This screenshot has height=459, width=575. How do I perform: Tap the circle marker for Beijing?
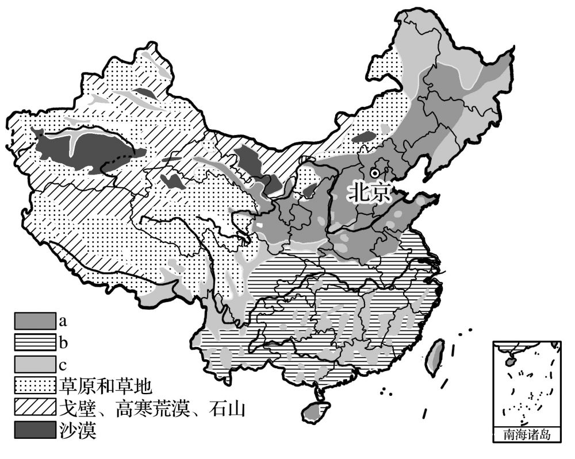point(375,172)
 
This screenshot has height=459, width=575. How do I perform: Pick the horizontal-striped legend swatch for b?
point(35,343)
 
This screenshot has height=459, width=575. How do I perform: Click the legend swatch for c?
point(35,364)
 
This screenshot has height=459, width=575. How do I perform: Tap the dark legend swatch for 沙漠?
point(35,430)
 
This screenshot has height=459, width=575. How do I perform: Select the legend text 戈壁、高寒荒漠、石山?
point(152,408)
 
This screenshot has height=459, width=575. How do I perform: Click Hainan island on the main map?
point(313,411)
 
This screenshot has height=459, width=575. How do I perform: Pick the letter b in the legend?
point(62,343)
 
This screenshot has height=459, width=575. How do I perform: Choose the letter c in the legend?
point(62,364)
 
